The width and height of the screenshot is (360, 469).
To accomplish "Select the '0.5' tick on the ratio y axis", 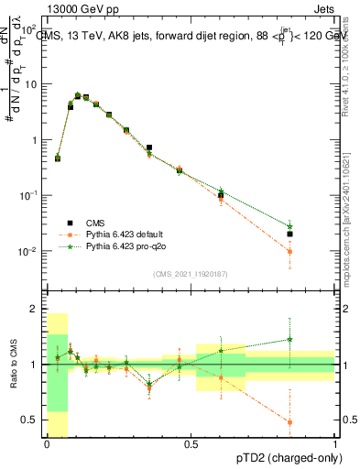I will (x=33, y=420).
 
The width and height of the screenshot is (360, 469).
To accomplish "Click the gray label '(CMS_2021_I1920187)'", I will (x=191, y=273).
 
